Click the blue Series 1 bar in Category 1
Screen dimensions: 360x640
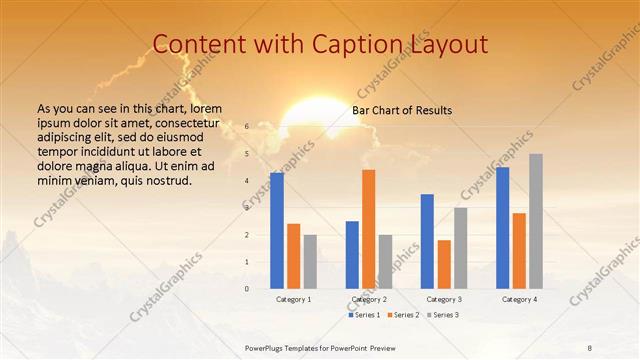[x=277, y=230]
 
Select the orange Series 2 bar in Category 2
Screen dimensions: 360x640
[x=368, y=229]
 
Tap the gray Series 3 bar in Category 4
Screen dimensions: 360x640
[x=535, y=221]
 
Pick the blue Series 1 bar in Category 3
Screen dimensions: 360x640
[x=427, y=241]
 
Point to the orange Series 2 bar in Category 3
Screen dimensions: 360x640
[x=443, y=264]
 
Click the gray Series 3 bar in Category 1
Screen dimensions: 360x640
[x=310, y=261]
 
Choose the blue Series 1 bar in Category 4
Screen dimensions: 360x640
[x=502, y=227]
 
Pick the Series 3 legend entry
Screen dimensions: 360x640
[x=444, y=315]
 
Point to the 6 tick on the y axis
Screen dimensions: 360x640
[x=247, y=127]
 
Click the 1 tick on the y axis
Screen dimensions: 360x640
[x=247, y=262]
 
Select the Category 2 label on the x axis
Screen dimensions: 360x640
[x=368, y=299]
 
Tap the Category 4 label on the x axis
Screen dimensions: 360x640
[x=518, y=299]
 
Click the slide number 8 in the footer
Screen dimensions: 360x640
[x=589, y=346]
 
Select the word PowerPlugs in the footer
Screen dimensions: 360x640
[x=267, y=346]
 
